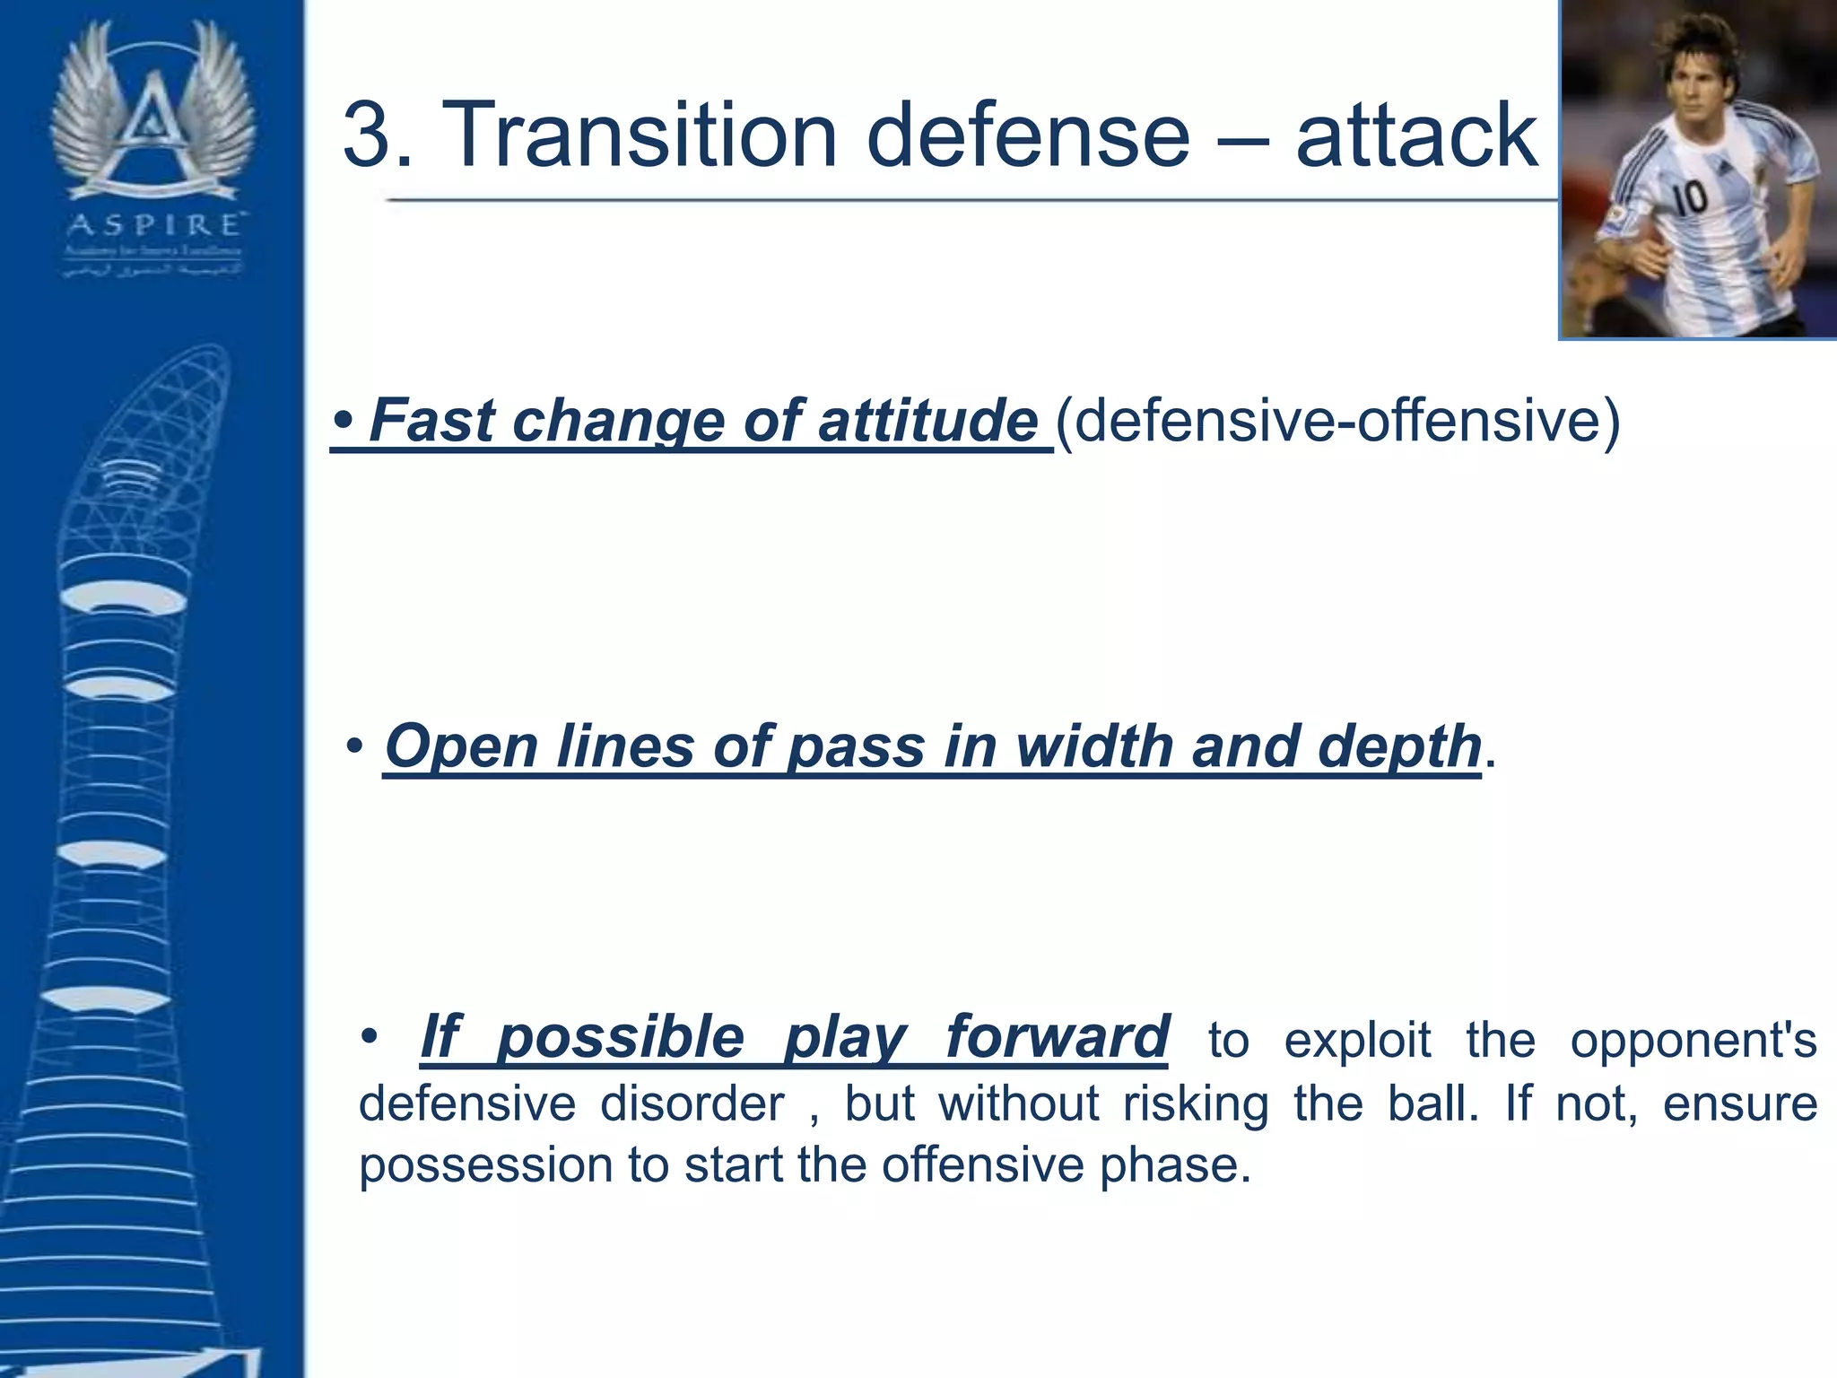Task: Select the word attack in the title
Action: coord(1416,136)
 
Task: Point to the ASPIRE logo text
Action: coord(153,224)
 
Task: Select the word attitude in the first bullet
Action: coord(927,420)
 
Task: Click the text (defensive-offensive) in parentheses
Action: coord(1337,420)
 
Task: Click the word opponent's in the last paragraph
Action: coord(1693,1041)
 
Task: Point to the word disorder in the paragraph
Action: coord(692,1103)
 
